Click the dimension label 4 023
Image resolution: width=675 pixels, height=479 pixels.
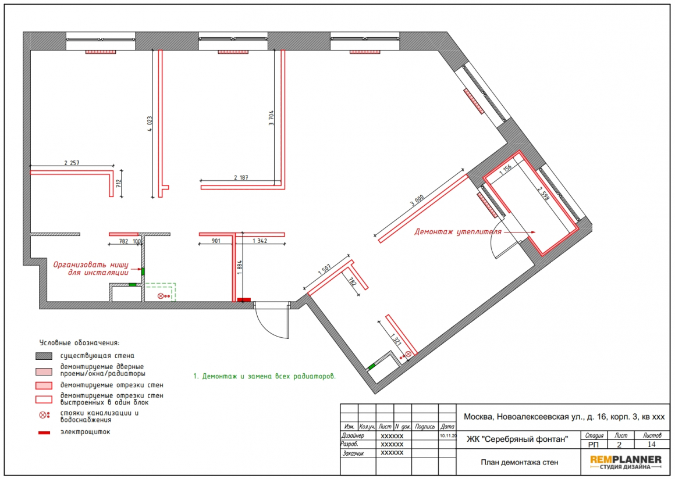pos(150,123)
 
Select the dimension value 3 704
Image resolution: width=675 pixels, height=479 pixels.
pos(271,118)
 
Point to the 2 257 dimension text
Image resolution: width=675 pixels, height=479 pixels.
pos(72,163)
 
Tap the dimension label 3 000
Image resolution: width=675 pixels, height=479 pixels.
pos(417,201)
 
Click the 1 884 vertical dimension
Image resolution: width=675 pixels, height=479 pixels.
pos(240,267)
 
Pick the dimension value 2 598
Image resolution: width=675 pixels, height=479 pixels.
pos(543,194)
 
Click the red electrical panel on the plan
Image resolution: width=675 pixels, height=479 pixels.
pos(244,300)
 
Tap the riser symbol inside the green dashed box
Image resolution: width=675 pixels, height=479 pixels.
pos(164,296)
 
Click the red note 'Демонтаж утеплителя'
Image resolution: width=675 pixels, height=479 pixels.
pos(457,232)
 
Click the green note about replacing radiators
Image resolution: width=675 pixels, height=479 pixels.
pos(264,376)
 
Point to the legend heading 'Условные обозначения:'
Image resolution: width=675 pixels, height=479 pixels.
pos(79,343)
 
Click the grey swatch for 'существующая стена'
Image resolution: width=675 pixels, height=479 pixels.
pos(44,356)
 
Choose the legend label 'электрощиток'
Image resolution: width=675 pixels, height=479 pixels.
pos(85,432)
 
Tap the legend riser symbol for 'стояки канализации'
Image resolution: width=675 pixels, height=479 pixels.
pos(44,415)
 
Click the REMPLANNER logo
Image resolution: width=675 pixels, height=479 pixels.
pos(626,462)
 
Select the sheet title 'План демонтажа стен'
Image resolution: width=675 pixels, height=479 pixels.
pos(519,462)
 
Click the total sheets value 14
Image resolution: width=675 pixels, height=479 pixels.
pos(651,445)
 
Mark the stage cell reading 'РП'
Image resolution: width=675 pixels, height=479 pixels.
pos(593,445)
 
